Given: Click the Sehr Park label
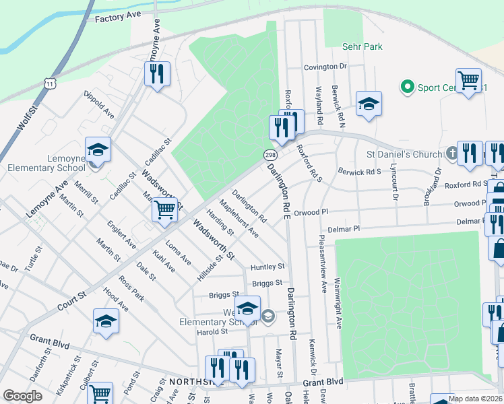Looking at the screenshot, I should click(x=363, y=46).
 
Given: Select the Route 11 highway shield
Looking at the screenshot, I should click(x=51, y=83).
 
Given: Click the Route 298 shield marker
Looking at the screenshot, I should click(x=267, y=154).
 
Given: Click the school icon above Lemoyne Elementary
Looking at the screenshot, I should click(x=98, y=150).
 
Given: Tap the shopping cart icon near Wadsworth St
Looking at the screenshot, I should click(x=164, y=210).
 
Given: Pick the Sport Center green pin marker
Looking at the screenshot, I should click(x=407, y=87).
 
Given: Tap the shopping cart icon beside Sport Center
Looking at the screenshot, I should click(x=468, y=81).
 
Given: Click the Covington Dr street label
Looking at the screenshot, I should click(x=324, y=67).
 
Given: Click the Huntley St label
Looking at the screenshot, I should click(x=267, y=267).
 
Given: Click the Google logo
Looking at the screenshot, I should click(x=22, y=395).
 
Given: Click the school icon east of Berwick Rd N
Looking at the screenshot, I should click(x=369, y=104).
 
